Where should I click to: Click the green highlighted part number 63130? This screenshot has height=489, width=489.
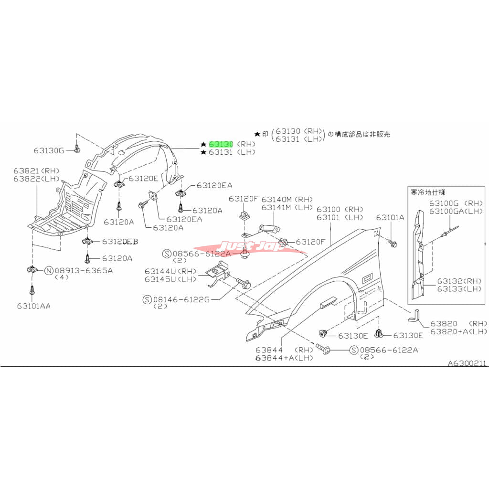221,144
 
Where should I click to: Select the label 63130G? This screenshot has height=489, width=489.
48,150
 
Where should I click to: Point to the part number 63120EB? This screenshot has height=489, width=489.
120,242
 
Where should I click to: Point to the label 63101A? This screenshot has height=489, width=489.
390,217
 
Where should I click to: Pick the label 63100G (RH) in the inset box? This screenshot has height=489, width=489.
449,203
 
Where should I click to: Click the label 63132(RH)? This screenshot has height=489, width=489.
452,281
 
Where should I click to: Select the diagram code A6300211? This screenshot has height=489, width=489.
467,363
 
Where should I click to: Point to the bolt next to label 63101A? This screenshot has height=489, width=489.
393,243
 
